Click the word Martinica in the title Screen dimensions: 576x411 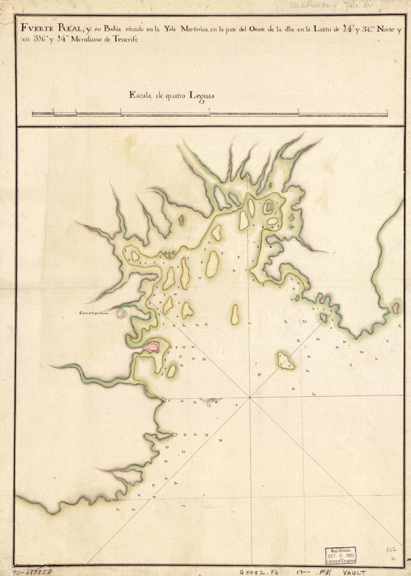pos(193,29)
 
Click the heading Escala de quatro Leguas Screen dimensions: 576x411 pos(171,95)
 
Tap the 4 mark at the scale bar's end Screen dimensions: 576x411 pos(387,110)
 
